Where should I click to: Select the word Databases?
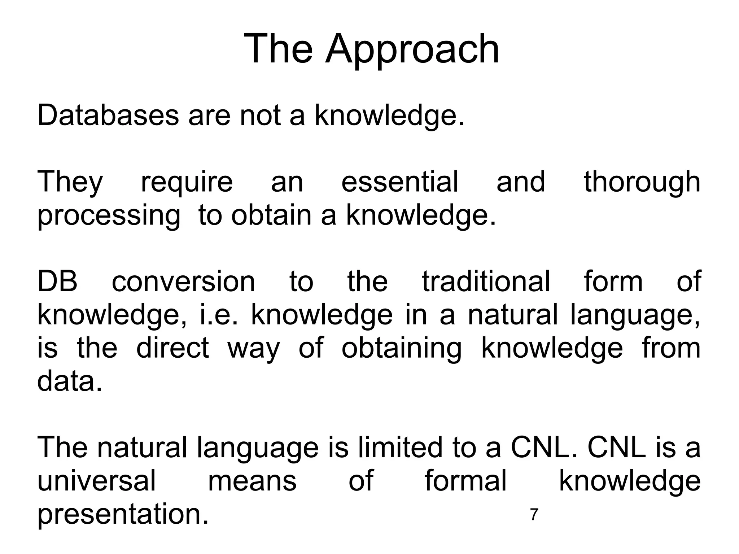(x=108, y=115)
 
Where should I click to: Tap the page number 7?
(x=534, y=515)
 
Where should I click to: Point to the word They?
(x=70, y=182)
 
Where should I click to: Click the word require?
(x=187, y=182)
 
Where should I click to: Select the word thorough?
(x=642, y=182)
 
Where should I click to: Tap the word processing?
(x=109, y=216)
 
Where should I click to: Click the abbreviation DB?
(x=57, y=281)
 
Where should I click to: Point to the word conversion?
(x=183, y=281)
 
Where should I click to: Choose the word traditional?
(x=486, y=281)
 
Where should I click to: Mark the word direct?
(x=172, y=348)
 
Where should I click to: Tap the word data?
(x=69, y=381)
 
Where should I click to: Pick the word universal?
(x=97, y=481)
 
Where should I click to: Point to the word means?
(x=252, y=481)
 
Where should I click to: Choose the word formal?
(x=465, y=481)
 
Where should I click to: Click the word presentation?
(x=123, y=514)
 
